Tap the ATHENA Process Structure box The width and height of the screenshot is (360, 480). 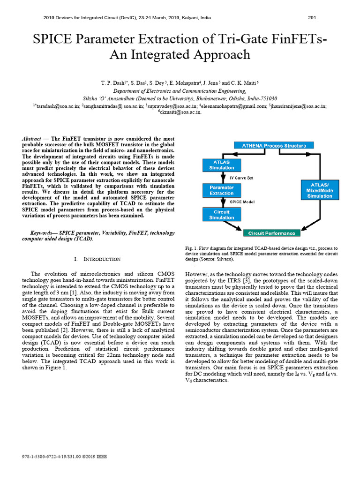(x=274, y=146)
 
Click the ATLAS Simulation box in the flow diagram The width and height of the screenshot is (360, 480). (x=221, y=165)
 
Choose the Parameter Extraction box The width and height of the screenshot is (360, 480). (x=221, y=190)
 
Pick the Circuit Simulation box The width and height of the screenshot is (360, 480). (x=221, y=214)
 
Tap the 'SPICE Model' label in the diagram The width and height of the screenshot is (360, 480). (x=242, y=202)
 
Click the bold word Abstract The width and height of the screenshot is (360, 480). (x=32, y=139)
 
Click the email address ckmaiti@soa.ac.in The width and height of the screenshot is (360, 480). (x=180, y=112)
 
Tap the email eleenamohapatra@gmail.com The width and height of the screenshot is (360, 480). (x=234, y=106)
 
